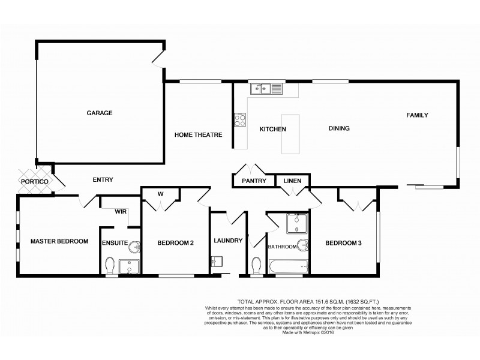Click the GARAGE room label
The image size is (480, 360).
pyautogui.click(x=100, y=113)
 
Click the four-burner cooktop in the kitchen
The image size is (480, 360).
pyautogui.click(x=240, y=119)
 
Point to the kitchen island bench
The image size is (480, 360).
pyautogui.click(x=291, y=133)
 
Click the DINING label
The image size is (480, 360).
pyautogui.click(x=338, y=128)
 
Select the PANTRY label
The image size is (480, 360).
pyautogui.click(x=253, y=181)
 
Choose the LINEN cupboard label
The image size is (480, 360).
pyautogui.click(x=292, y=181)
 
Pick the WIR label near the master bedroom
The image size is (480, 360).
pyautogui.click(x=120, y=211)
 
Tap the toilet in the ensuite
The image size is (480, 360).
pyautogui.click(x=109, y=264)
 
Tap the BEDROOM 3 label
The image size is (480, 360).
pyautogui.click(x=343, y=243)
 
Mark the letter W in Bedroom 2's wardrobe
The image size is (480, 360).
pyautogui.click(x=160, y=193)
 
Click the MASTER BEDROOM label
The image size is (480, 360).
pyautogui.click(x=59, y=241)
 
